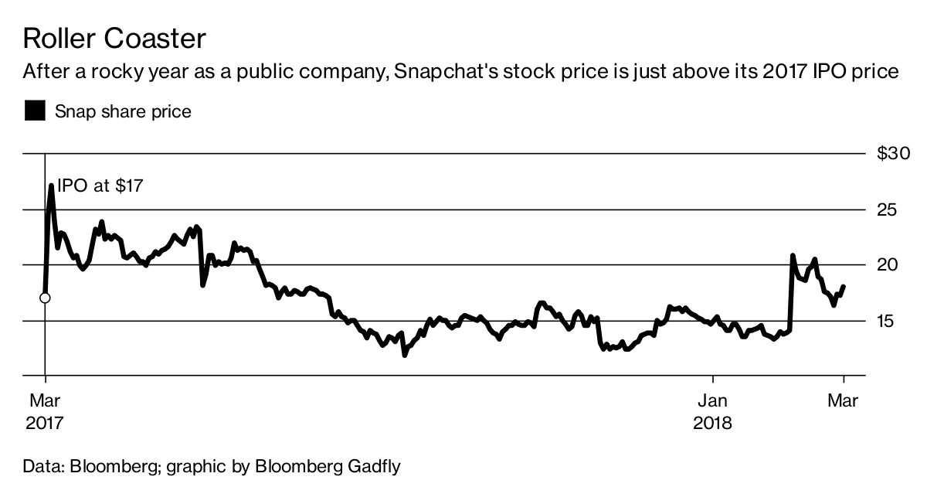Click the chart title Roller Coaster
[x=114, y=39]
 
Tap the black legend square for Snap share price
[x=35, y=111]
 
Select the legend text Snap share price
[x=122, y=111]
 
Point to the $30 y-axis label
[x=894, y=154]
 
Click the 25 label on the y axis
[x=888, y=209]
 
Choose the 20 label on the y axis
[x=888, y=265]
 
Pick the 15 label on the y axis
[x=888, y=321]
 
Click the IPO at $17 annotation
[x=100, y=186]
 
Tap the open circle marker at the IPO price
[x=46, y=298]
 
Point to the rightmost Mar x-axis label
[x=844, y=401]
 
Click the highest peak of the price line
[x=51, y=186]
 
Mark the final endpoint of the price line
[x=844, y=286]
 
